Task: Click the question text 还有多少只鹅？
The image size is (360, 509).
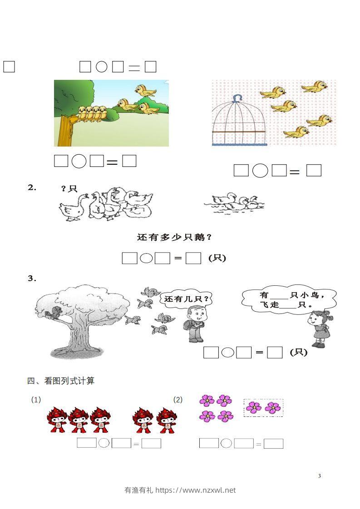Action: (174, 237)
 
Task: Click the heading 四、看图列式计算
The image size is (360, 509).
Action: (61, 381)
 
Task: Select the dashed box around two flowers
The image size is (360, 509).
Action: (263, 407)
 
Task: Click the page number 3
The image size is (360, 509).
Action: (320, 476)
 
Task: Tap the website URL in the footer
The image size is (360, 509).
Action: (196, 490)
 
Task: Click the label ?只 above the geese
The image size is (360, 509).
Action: (69, 189)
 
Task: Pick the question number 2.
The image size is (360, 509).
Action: (32, 187)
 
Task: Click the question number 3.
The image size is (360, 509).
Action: (32, 279)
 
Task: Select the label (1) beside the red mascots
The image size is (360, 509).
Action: (36, 400)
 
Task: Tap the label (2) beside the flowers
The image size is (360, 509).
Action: (178, 400)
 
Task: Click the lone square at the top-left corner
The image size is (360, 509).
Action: (9, 67)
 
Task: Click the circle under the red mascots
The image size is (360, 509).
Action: (104, 443)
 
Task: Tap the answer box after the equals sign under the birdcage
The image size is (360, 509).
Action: (314, 171)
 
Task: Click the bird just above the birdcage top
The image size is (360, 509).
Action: (272, 93)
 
